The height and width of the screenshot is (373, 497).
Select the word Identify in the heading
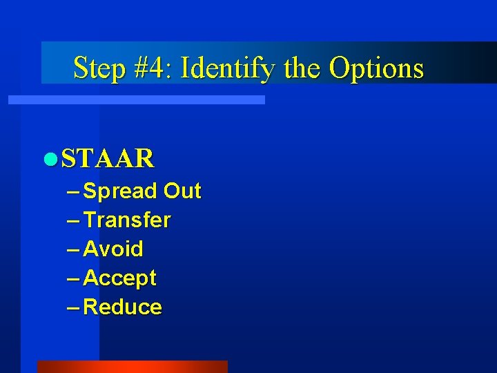click(227, 68)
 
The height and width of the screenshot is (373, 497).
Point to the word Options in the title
click(376, 68)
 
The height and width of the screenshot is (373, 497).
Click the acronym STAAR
click(108, 159)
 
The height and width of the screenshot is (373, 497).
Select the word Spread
click(120, 191)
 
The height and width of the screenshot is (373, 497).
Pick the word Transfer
click(127, 220)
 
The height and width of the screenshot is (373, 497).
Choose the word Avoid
click(113, 249)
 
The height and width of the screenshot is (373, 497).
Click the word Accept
click(120, 278)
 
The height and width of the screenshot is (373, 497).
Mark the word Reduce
click(123, 307)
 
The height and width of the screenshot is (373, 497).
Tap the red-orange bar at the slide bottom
click(132, 366)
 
